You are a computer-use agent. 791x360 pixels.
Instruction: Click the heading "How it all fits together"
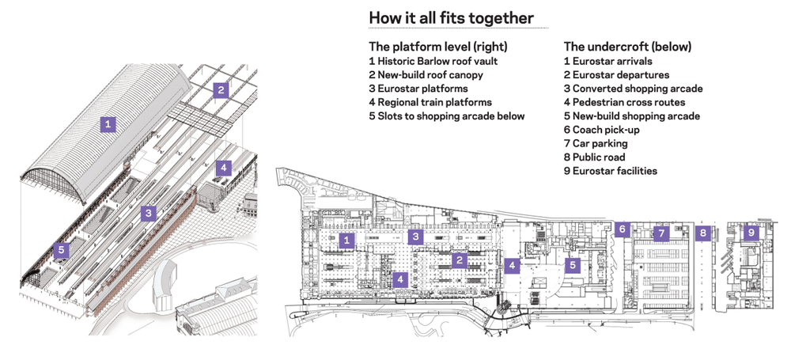451,17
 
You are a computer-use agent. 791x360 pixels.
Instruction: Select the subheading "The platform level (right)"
438,46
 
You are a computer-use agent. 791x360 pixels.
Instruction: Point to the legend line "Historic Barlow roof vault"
433,61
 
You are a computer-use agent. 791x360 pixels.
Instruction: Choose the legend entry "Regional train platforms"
430,102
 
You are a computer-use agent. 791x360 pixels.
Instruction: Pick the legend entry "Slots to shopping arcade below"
446,116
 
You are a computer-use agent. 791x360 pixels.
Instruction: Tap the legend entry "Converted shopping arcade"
633,89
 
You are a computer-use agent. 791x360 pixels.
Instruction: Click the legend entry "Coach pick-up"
601,130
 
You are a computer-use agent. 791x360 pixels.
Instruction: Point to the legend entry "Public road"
600,157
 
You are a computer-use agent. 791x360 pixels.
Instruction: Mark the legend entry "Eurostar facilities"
610,171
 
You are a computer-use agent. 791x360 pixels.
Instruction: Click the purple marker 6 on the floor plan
623,229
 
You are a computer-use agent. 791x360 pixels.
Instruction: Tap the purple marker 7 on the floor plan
661,233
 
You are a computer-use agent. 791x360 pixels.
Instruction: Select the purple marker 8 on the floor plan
702,233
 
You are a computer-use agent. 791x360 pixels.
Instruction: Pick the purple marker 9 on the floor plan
751,233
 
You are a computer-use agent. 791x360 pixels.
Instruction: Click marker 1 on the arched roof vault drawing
108,123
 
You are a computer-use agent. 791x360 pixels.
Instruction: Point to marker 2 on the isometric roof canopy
222,89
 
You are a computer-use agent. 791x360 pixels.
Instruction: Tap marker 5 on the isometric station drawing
61,250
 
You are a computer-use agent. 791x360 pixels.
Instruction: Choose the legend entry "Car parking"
596,144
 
